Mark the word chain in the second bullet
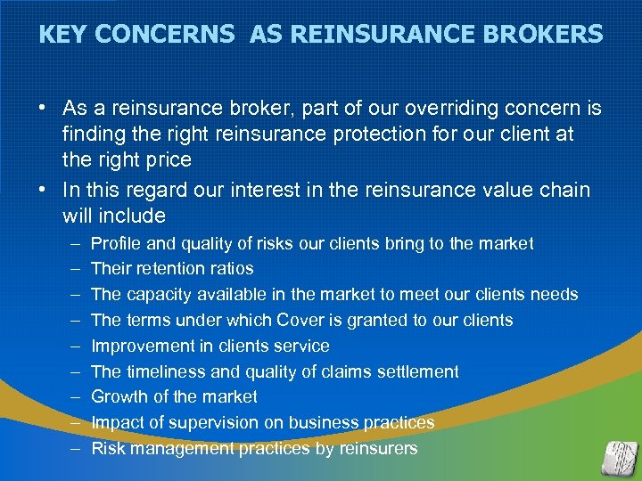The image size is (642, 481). [x=564, y=189]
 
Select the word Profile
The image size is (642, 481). [x=119, y=243]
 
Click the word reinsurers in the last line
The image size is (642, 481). [x=378, y=448]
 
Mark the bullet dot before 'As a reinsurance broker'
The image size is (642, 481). [x=43, y=109]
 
